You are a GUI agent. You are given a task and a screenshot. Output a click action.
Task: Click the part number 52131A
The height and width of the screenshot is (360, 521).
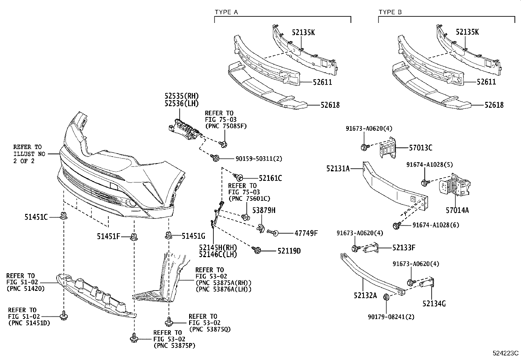click(338, 169)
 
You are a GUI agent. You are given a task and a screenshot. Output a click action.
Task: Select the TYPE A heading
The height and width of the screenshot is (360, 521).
click(226, 12)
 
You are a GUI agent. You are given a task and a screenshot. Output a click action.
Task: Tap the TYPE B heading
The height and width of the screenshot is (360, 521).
click(390, 12)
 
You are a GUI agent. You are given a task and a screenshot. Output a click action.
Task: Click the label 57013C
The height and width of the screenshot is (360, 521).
click(421, 148)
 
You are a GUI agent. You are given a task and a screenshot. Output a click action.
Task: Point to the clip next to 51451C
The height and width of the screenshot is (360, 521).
click(64, 216)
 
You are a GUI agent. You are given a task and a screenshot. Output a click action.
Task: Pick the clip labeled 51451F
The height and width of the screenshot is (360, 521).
click(134, 237)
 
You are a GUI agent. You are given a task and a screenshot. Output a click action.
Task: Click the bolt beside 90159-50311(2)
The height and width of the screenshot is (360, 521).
click(215, 158)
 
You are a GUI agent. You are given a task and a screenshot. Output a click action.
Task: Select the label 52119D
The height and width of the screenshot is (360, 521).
click(289, 251)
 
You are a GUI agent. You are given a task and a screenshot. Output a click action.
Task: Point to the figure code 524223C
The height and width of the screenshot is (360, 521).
click(506, 353)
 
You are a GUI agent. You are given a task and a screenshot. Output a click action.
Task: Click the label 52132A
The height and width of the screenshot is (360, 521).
click(365, 295)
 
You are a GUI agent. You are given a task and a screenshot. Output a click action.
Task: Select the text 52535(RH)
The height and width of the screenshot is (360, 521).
click(182, 96)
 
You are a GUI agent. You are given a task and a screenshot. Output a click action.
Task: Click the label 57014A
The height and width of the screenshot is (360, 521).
click(457, 210)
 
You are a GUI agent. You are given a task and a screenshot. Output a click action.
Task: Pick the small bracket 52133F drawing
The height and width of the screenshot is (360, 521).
click(371, 248)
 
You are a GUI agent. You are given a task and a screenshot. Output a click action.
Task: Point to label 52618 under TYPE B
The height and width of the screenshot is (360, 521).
click(494, 105)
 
